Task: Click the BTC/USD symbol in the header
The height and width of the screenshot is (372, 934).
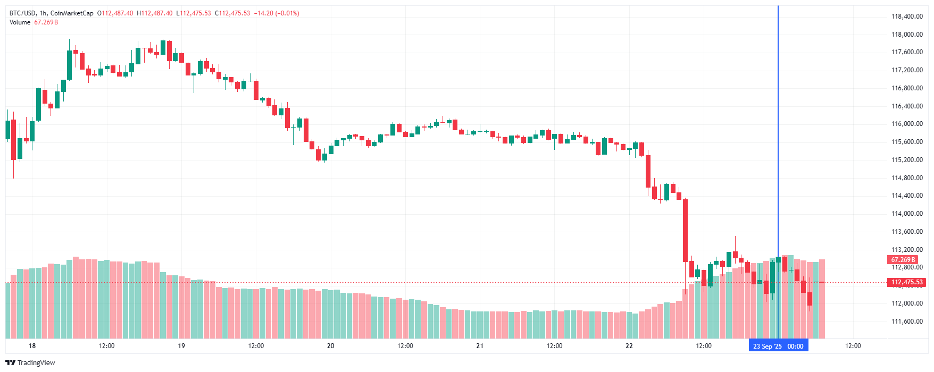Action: (x=22, y=13)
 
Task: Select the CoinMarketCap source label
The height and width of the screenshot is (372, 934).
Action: (x=72, y=13)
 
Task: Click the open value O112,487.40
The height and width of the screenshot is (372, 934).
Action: (x=115, y=13)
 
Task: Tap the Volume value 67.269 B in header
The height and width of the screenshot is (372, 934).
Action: (x=46, y=22)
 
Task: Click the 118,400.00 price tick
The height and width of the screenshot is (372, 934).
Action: (x=907, y=16)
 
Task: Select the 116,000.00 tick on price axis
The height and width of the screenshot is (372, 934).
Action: (x=907, y=124)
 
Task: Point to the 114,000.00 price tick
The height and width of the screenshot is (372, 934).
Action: (x=907, y=214)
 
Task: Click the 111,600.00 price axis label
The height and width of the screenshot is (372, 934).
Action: (x=907, y=322)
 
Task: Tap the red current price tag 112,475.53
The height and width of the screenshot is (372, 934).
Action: (x=906, y=282)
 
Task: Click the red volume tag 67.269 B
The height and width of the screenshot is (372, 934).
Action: (x=903, y=260)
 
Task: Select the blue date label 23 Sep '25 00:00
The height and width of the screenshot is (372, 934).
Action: (x=778, y=346)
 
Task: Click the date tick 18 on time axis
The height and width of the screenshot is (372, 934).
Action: (x=32, y=346)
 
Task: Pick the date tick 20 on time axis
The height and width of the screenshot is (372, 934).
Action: (x=331, y=346)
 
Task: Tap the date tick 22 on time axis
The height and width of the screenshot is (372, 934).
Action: (x=629, y=346)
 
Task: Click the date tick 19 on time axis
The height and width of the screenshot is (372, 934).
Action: (x=181, y=346)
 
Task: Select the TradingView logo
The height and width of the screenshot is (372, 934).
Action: (x=30, y=362)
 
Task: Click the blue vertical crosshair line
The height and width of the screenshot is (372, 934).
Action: (x=778, y=159)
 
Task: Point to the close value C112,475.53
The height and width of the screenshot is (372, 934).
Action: (x=232, y=13)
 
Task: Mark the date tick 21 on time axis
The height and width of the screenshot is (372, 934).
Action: (x=480, y=346)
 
